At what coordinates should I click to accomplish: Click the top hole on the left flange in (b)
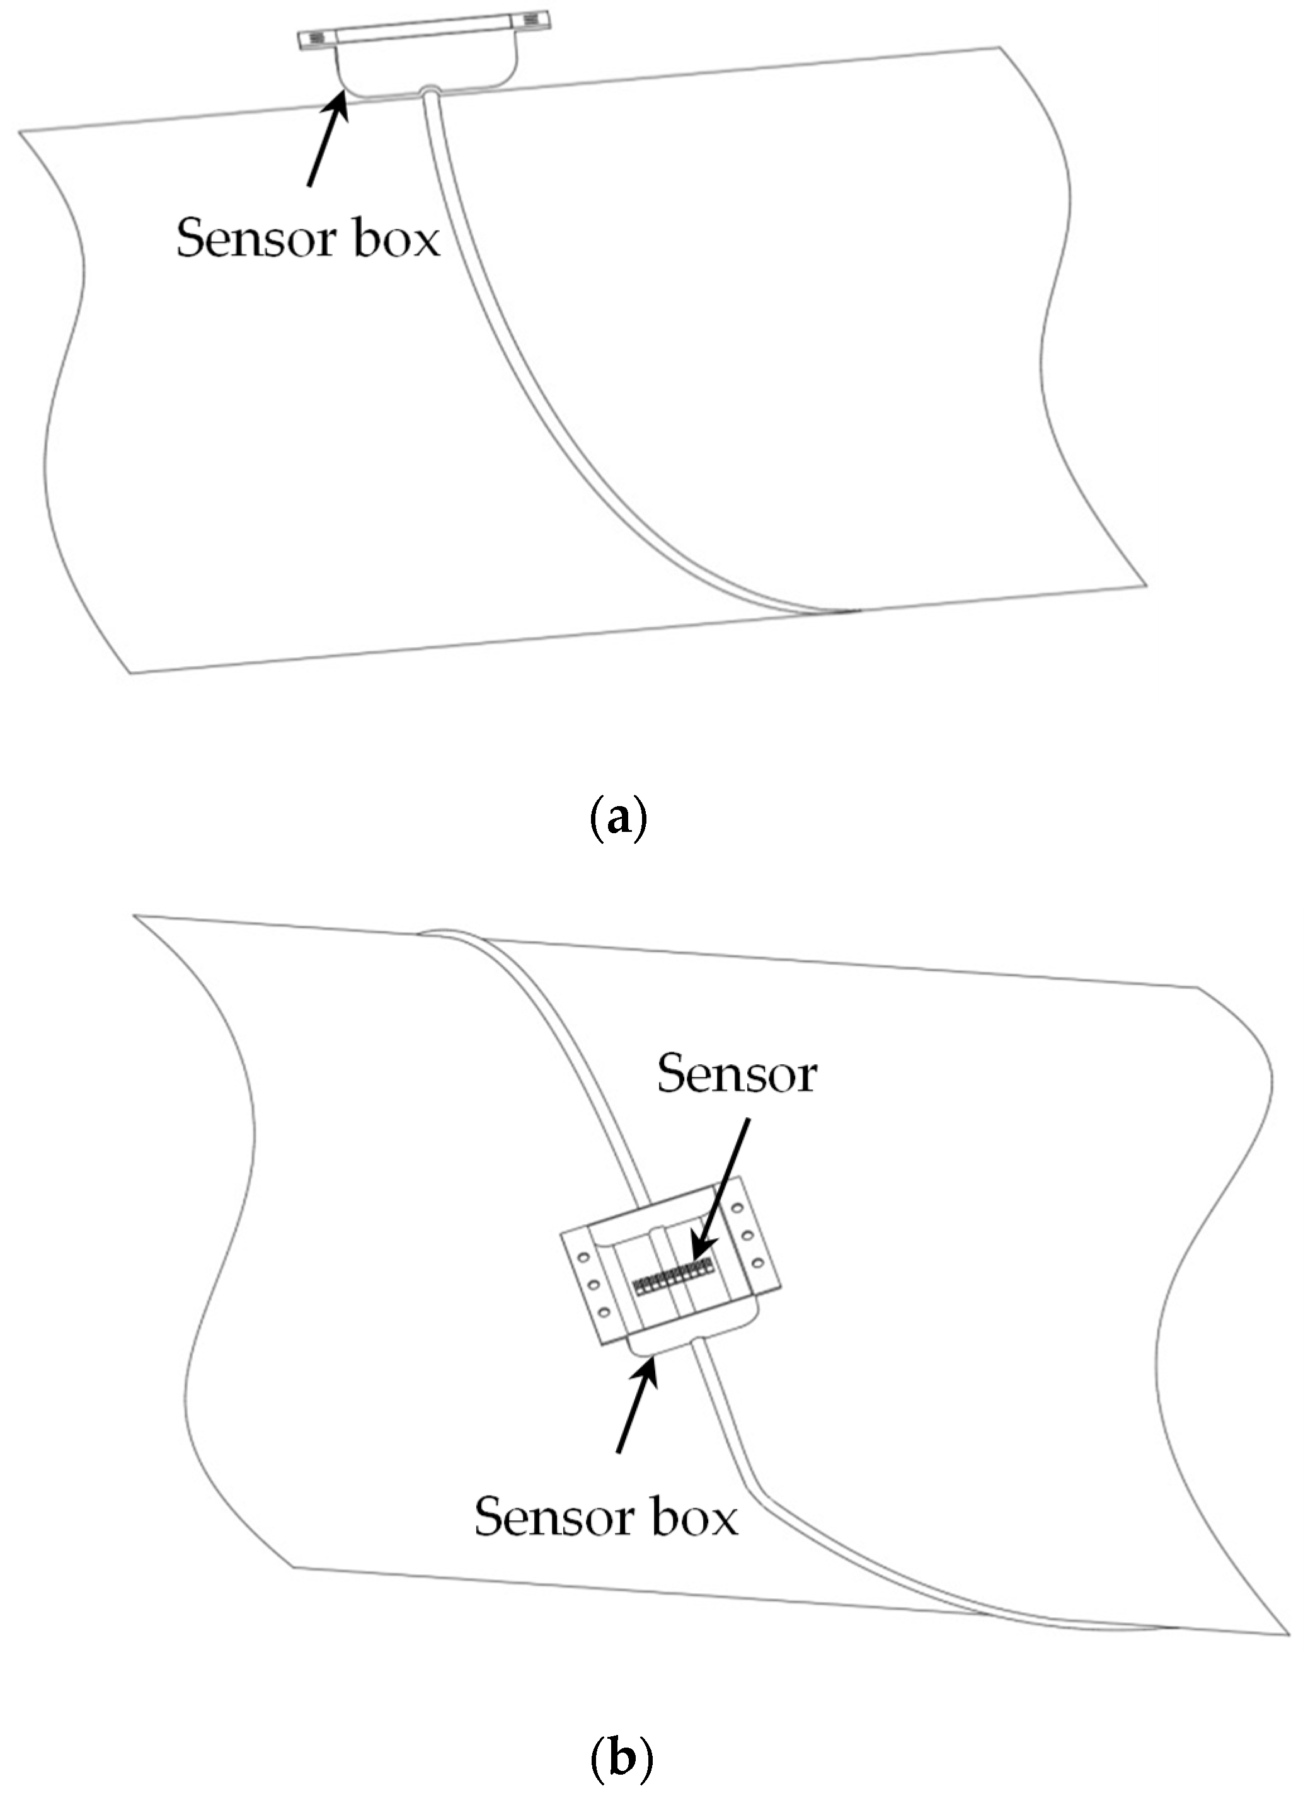pos(583,1258)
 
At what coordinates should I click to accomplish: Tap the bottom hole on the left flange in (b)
pos(604,1312)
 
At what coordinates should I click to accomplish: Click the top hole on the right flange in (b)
pos(737,1208)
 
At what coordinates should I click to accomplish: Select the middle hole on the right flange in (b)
pos(747,1236)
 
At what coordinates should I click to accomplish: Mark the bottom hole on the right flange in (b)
pos(758,1263)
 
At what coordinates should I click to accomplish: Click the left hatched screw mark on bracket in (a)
pos(316,38)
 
